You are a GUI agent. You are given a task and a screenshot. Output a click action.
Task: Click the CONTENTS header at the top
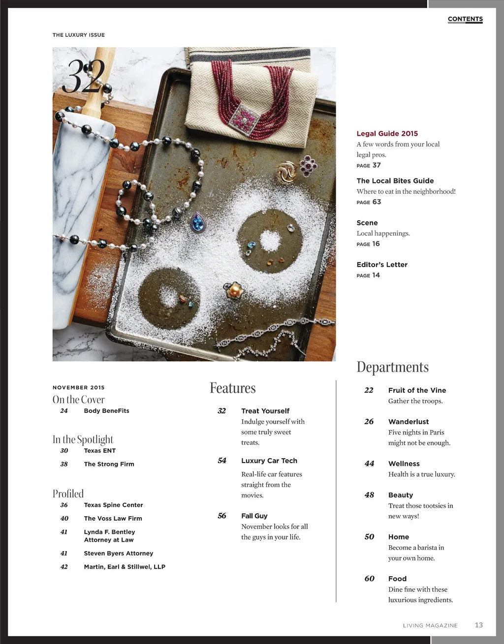click(x=465, y=19)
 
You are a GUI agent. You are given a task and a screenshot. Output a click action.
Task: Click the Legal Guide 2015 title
click(x=387, y=133)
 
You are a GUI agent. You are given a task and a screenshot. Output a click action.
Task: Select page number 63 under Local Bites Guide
click(x=377, y=202)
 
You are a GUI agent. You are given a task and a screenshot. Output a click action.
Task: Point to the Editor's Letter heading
click(x=382, y=264)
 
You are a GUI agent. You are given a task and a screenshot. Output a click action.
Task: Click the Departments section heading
click(x=392, y=367)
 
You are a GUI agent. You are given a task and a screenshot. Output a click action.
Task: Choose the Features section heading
click(x=232, y=388)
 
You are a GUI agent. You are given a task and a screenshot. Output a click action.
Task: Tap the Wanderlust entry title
click(x=408, y=422)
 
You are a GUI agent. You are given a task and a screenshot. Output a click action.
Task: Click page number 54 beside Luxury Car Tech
click(x=222, y=461)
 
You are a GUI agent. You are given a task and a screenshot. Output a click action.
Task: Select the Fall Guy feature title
click(x=254, y=516)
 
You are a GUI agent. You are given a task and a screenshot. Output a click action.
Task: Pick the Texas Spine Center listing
click(x=113, y=505)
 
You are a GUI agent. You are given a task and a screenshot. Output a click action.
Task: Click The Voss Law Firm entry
click(x=113, y=518)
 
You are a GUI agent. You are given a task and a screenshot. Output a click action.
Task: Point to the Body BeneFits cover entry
click(x=106, y=410)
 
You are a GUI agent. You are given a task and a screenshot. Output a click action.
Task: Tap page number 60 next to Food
click(x=369, y=579)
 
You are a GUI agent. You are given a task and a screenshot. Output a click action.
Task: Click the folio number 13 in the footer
click(x=478, y=625)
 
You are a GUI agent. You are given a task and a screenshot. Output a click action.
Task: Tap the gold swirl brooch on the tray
click(x=286, y=173)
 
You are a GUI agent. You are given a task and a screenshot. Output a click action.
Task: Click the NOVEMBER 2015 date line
click(x=79, y=387)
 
